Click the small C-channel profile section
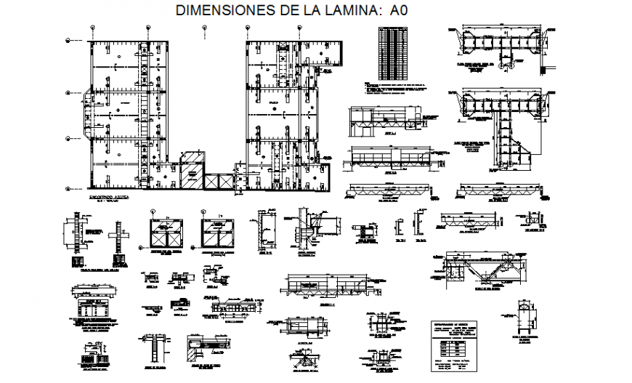pos(399,227)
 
